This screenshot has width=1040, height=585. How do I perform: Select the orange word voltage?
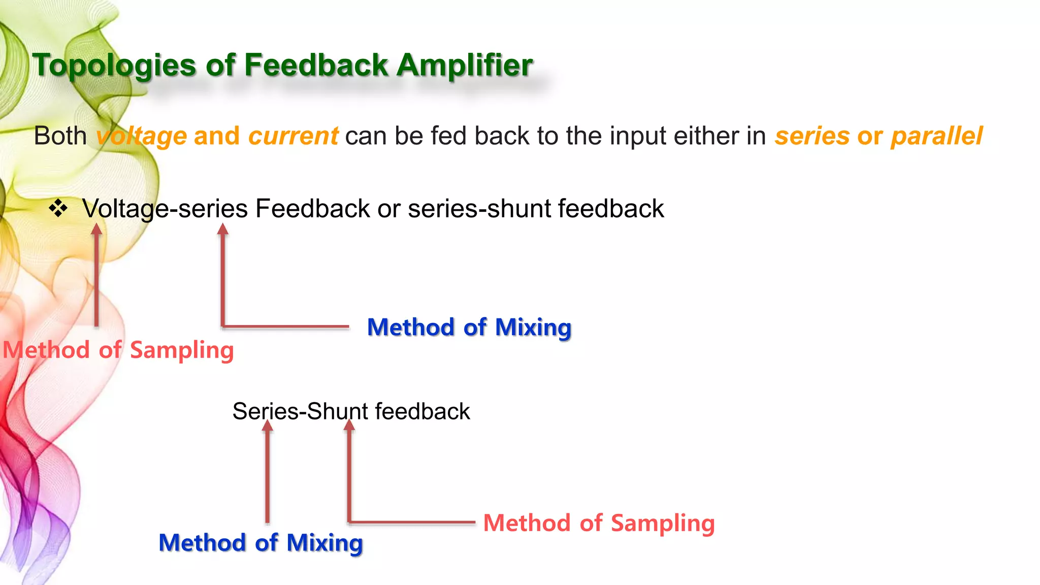click(142, 136)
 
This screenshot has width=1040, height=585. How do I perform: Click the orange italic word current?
click(293, 136)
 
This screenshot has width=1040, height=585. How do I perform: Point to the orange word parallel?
click(936, 136)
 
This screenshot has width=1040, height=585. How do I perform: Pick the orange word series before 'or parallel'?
click(811, 136)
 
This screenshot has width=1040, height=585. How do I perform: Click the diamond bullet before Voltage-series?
click(58, 208)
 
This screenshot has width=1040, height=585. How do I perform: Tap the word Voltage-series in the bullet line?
click(165, 209)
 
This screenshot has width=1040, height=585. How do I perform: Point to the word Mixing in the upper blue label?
click(533, 328)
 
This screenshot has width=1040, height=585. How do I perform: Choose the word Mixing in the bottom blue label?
click(324, 543)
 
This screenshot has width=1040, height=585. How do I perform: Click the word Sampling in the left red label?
click(182, 350)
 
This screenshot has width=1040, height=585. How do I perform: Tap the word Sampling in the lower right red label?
click(663, 523)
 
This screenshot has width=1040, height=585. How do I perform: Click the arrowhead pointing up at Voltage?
click(96, 230)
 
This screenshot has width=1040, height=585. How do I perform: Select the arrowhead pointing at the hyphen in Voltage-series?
click(222, 230)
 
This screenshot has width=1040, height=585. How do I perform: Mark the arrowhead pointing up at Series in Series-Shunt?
click(268, 426)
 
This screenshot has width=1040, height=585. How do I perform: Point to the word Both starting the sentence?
click(60, 136)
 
